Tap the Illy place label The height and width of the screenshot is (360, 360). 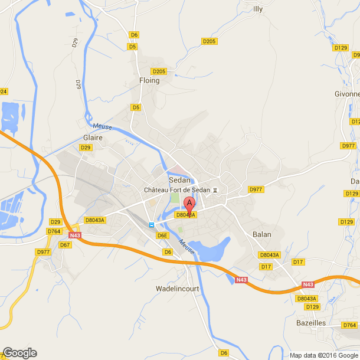[x=257, y=9]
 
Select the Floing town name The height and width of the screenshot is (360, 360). [x=149, y=80]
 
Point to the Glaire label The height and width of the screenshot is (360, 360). [x=93, y=137]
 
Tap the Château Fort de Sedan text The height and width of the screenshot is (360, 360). [x=177, y=190]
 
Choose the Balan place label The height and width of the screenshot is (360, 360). [x=261, y=234]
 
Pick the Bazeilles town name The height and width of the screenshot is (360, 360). [x=311, y=323]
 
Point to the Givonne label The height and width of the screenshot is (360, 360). [x=347, y=94]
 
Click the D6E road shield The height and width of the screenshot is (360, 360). [x=163, y=235]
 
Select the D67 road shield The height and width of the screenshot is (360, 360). [x=65, y=244]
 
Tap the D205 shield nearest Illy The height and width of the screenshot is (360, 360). [x=209, y=41]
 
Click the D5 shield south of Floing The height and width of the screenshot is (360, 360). [x=136, y=107]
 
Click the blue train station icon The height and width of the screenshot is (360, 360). [x=151, y=225]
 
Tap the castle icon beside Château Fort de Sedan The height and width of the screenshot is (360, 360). [x=215, y=190]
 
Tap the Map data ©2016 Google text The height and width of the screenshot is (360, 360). [x=323, y=355]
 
